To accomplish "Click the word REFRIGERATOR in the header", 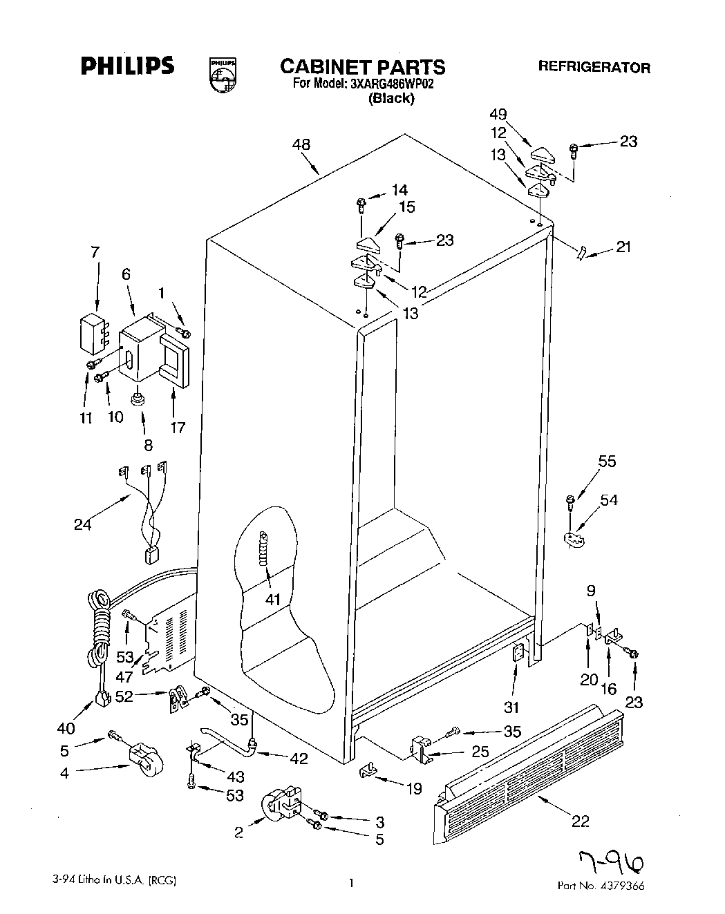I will click(x=594, y=68).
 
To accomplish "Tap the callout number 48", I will click(x=301, y=144).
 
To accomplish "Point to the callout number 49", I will click(x=517, y=115).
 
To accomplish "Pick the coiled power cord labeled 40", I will click(x=99, y=629).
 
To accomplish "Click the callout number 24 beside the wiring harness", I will click(x=83, y=524).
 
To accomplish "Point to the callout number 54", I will click(x=609, y=499).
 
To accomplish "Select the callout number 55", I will click(x=606, y=461).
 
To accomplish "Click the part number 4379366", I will click(x=619, y=886).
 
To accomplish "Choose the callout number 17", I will click(x=178, y=428).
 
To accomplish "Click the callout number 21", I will click(x=623, y=246).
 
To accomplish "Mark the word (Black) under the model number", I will click(x=391, y=98).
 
